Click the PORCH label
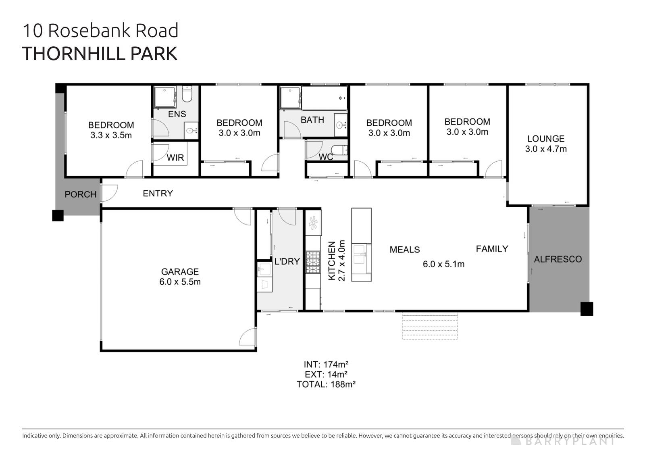(81, 194)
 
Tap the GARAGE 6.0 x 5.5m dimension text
(180, 282)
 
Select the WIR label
(175, 158)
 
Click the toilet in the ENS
(187, 94)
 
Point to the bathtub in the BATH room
(324, 98)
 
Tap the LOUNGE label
(546, 139)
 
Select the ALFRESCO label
(558, 259)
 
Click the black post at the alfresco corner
(587, 308)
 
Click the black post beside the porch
(58, 215)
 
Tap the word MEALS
(405, 250)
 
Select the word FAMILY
(492, 249)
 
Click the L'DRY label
(287, 261)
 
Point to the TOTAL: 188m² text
(326, 384)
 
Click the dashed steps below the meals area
(430, 327)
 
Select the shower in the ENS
(164, 97)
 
